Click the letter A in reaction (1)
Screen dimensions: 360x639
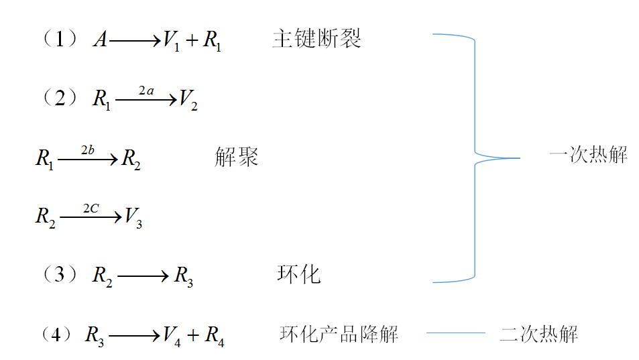(x=100, y=40)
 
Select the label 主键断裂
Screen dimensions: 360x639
(x=317, y=39)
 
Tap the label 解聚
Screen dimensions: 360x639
(x=237, y=158)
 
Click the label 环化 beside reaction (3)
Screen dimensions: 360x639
(x=299, y=274)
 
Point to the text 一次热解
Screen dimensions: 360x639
(x=588, y=156)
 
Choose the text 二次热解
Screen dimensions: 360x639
(x=539, y=333)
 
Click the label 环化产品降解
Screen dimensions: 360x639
(x=339, y=333)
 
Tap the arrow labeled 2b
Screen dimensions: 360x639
(x=88, y=160)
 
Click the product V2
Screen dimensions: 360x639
(x=188, y=101)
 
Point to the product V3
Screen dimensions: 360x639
(x=133, y=217)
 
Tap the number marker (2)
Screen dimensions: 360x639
(x=61, y=99)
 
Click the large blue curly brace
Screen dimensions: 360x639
(x=475, y=158)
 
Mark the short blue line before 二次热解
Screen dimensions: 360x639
(x=456, y=333)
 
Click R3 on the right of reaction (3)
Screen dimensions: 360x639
(x=184, y=276)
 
